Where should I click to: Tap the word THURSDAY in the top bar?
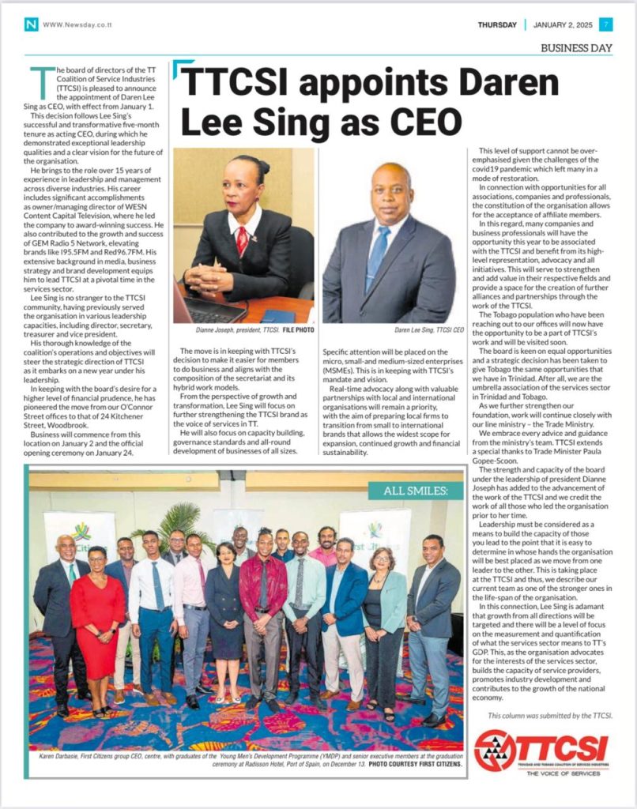[497, 24]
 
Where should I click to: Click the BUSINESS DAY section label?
[576, 48]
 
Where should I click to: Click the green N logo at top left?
[31, 24]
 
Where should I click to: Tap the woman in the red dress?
[96, 616]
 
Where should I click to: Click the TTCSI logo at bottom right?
[541, 747]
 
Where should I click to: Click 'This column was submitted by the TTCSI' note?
[549, 715]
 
